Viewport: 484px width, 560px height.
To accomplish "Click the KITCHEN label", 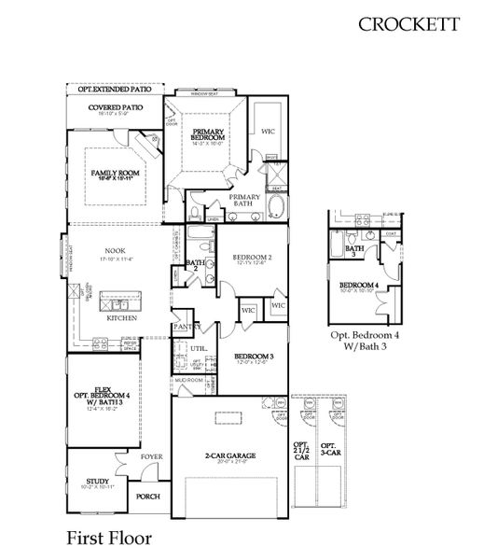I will click(122, 317).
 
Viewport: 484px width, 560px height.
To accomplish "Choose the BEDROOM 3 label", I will click(253, 357).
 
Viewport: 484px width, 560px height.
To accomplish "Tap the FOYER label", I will click(152, 457).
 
